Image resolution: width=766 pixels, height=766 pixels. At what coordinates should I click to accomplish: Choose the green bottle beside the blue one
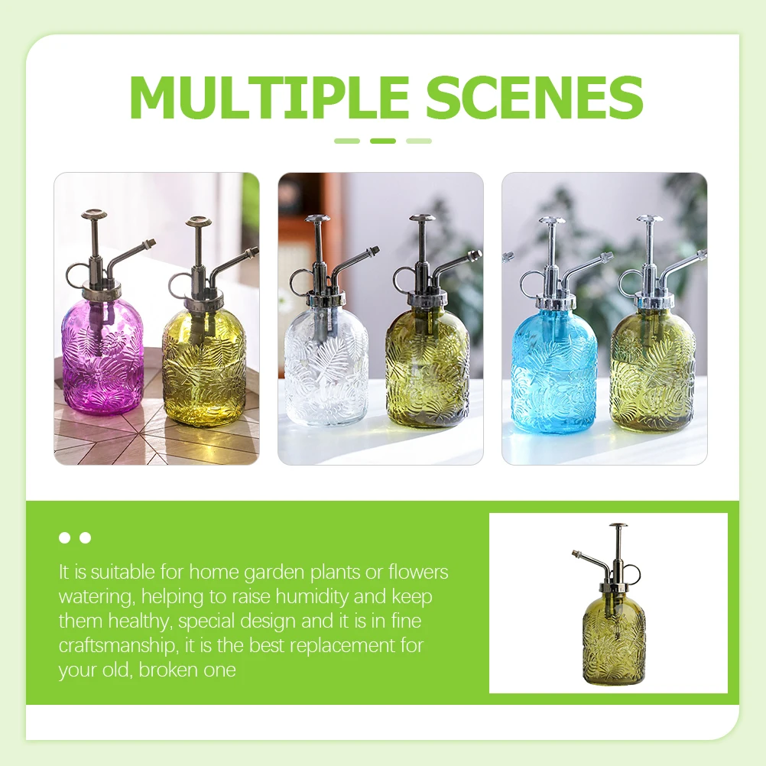pyautogui.click(x=652, y=367)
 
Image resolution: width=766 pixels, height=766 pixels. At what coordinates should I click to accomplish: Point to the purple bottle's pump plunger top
pyautogui.click(x=94, y=215)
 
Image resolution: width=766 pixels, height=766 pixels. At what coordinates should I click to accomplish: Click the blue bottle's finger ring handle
pyautogui.click(x=529, y=283)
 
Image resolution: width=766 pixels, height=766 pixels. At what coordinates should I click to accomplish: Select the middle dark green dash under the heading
pyautogui.click(x=383, y=141)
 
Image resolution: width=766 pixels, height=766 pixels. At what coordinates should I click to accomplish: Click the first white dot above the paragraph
pyautogui.click(x=65, y=538)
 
